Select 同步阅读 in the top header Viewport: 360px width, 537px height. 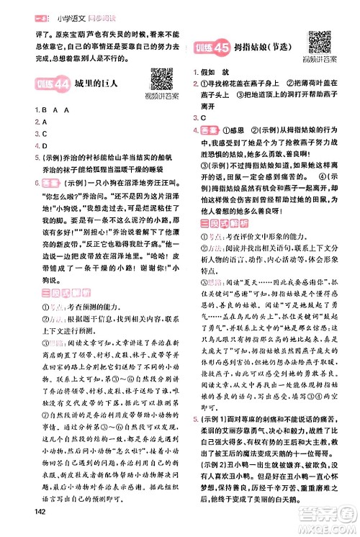click(x=84, y=9)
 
